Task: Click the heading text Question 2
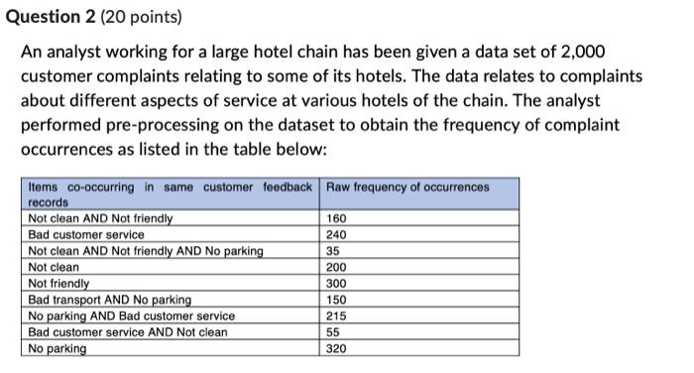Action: (54, 17)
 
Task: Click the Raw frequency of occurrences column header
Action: (407, 187)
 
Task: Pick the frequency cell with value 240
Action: (337, 235)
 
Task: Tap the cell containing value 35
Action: (334, 251)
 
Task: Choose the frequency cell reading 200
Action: (337, 267)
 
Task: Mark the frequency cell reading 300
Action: (337, 284)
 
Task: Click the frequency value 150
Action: (337, 300)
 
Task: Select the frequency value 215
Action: (337, 315)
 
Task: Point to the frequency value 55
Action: (334, 332)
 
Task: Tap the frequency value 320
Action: (337, 349)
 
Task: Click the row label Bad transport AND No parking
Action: (109, 300)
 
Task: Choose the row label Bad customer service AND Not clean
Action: (127, 332)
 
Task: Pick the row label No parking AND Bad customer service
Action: (131, 315)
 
